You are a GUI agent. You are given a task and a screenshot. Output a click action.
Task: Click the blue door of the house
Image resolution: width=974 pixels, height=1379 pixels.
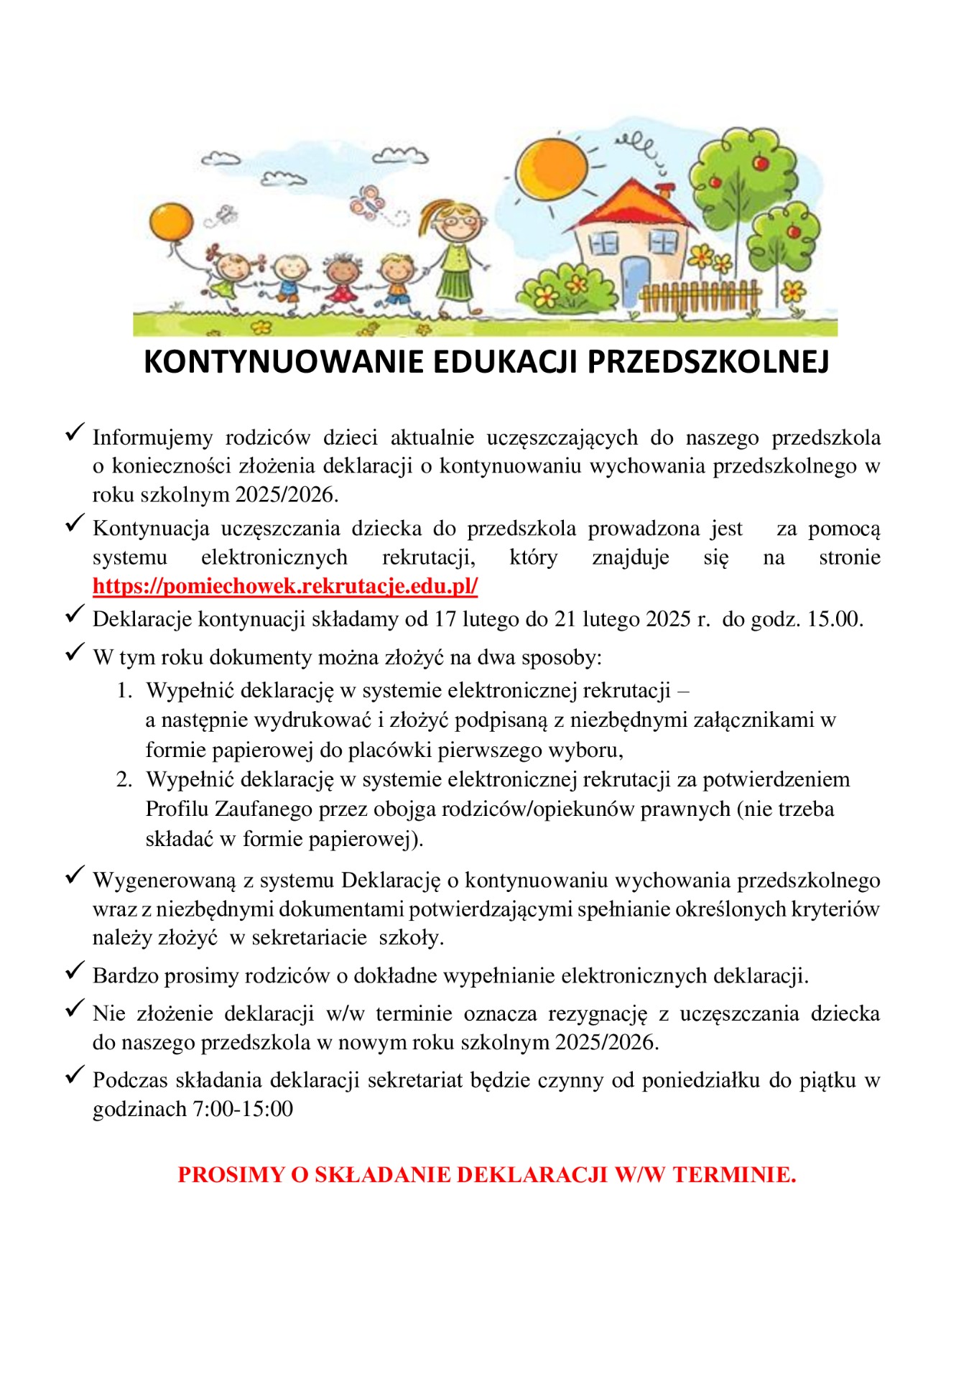click(x=634, y=282)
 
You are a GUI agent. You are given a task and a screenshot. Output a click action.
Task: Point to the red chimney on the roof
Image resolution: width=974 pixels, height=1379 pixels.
click(x=666, y=191)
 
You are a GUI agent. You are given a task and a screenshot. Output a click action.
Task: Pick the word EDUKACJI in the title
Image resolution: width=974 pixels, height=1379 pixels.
click(x=503, y=363)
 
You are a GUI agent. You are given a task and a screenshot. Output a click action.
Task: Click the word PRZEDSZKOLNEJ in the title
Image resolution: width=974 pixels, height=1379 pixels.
click(x=708, y=363)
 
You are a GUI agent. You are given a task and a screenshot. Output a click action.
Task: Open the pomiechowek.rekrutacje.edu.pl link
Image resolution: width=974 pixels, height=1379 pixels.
click(x=285, y=586)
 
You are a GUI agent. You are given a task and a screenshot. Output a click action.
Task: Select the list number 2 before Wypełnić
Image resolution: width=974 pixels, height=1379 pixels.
click(x=124, y=780)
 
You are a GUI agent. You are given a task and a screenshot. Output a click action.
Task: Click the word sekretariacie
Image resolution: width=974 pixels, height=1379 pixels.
click(x=309, y=938)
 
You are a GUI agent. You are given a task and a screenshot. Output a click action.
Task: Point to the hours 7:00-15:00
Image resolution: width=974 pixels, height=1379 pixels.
click(x=243, y=1109)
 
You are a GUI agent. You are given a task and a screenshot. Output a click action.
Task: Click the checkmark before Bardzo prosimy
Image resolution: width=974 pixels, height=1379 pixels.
click(x=75, y=971)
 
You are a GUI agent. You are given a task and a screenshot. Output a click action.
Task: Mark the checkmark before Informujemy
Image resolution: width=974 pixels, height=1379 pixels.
click(x=75, y=432)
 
